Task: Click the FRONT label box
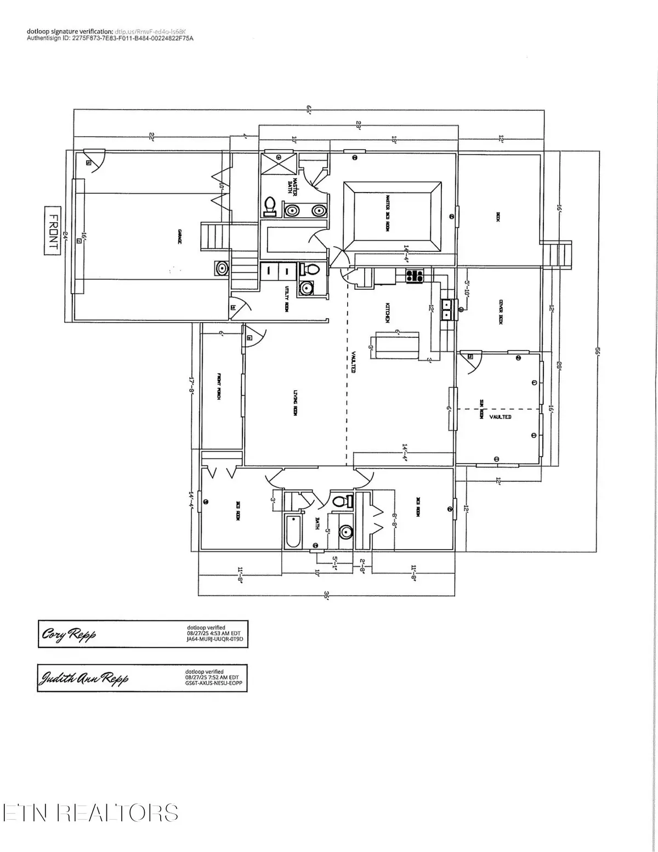coord(52,230)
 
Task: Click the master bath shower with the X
coord(279,164)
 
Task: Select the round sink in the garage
coord(222,268)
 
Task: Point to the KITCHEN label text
coord(387,311)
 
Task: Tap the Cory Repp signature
coord(69,635)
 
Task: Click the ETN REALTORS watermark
coord(90,813)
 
